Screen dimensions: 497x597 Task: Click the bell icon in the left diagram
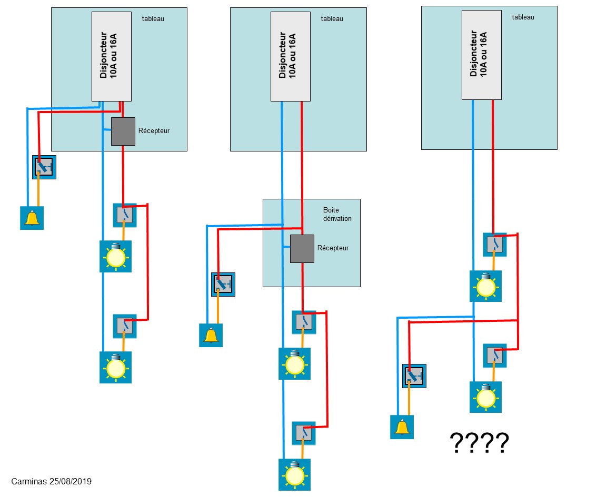pos(32,218)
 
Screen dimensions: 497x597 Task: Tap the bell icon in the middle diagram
pos(211,335)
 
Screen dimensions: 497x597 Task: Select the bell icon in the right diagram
pos(402,427)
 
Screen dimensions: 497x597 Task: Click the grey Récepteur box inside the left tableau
pos(123,131)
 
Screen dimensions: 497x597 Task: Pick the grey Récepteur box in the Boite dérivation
pos(302,249)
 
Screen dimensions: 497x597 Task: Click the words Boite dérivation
pos(337,214)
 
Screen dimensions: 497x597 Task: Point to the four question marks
pos(479,443)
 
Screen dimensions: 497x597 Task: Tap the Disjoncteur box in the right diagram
pos(481,54)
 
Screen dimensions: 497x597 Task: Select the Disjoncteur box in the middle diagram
pos(290,56)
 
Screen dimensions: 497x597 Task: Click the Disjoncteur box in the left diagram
pos(111,56)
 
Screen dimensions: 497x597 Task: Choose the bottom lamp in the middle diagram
pos(294,474)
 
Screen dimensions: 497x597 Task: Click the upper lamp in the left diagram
pos(115,256)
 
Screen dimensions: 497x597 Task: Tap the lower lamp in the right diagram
pos(485,397)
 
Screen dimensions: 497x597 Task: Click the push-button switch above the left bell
pos(44,167)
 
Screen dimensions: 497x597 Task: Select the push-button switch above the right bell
pos(414,376)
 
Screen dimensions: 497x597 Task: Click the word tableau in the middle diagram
pos(332,18)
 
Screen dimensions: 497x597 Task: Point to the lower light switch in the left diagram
pos(125,326)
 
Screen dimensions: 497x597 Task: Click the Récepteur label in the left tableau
pos(154,130)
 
